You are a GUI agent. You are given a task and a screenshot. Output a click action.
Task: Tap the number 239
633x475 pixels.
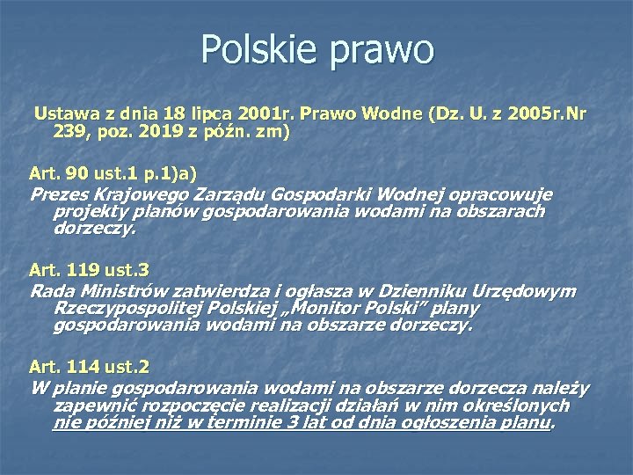coord(69,132)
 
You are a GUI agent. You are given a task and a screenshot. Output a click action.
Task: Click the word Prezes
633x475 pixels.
coord(59,194)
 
